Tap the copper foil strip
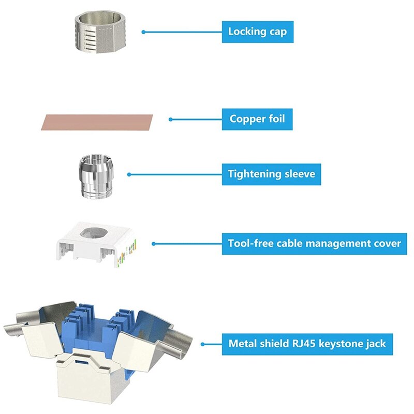point(97,122)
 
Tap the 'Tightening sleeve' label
point(271,174)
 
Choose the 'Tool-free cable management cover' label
point(315,243)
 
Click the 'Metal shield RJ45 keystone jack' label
point(307,343)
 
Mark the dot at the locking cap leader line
point(144,32)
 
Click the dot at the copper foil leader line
point(170,120)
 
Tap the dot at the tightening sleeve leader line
point(129,174)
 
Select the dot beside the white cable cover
point(154,243)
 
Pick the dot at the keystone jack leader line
point(203,343)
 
